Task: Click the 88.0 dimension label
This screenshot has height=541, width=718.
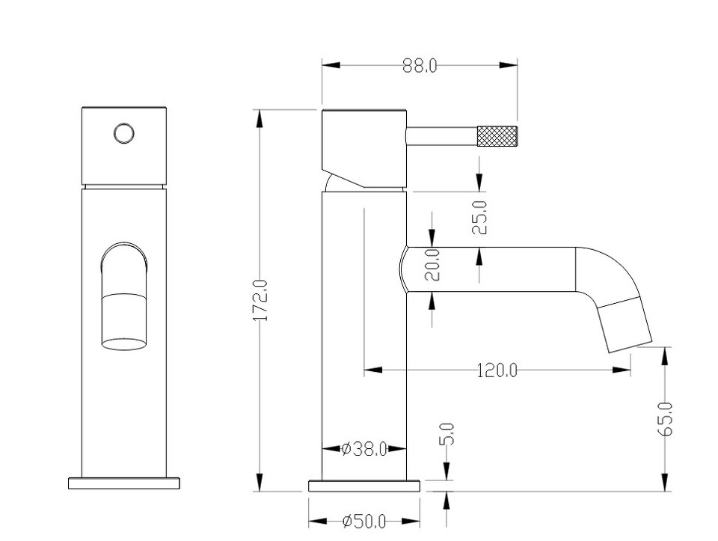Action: coord(420,66)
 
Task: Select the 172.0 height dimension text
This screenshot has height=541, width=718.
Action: coord(261,300)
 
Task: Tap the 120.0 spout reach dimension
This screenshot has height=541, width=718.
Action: coord(497,370)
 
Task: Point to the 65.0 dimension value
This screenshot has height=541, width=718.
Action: coord(666,419)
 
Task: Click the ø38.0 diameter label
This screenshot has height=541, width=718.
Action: coord(364,449)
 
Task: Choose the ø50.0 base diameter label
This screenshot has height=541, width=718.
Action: coord(364,521)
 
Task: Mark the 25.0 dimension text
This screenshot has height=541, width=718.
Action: coord(479,218)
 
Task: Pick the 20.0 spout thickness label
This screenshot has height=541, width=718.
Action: coord(432,264)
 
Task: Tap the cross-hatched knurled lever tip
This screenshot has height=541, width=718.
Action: coord(497,136)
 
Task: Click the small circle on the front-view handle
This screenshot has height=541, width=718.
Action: coord(124,134)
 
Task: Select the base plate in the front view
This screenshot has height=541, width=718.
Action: coord(124,483)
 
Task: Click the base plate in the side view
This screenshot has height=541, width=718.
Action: coord(364,486)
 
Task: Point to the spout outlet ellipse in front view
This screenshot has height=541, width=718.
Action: coord(123,344)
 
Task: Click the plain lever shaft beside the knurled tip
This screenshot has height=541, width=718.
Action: coord(441,136)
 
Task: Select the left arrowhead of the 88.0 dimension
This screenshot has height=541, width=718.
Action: coord(331,65)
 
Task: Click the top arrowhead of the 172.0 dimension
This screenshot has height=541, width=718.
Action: coord(260,119)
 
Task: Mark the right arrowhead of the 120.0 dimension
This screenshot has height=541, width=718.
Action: coord(622,369)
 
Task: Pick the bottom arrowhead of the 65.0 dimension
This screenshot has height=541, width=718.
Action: coord(665,483)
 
